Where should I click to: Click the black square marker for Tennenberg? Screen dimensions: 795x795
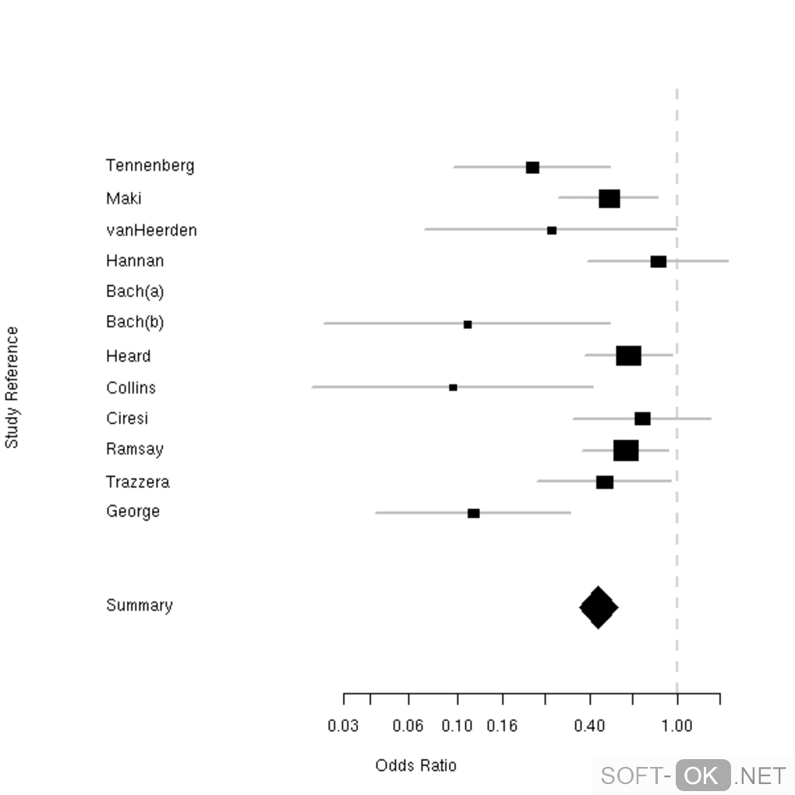click(532, 168)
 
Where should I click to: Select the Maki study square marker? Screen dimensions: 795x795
click(609, 199)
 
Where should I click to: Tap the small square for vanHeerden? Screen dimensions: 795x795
click(552, 231)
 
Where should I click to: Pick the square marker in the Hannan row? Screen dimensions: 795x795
click(659, 261)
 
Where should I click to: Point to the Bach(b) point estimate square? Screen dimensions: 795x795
click(468, 324)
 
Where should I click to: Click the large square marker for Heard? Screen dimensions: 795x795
click(628, 356)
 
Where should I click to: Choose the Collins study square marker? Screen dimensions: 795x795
click(453, 387)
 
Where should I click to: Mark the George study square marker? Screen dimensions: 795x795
click(474, 513)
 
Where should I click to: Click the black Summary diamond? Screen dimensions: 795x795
click(599, 607)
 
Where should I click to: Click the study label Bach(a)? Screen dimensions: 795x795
click(135, 291)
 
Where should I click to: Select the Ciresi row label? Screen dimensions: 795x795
click(127, 419)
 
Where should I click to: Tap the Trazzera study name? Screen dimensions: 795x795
click(138, 482)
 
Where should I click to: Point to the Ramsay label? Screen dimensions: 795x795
click(135, 450)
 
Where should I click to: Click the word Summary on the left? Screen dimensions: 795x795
click(140, 606)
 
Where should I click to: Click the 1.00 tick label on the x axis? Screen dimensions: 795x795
click(677, 726)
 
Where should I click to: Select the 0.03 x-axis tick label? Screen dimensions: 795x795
click(344, 726)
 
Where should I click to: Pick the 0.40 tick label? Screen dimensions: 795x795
click(590, 726)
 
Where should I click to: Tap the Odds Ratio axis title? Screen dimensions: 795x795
click(416, 765)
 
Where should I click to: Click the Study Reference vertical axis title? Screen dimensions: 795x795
click(12, 387)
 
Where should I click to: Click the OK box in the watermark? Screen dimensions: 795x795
click(703, 776)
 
